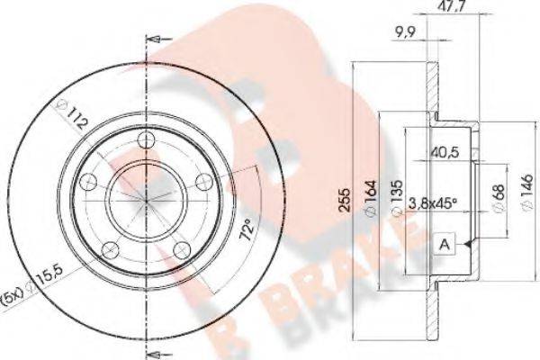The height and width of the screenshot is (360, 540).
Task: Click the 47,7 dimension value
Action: click(x=449, y=4)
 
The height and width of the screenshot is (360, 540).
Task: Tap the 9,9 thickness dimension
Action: click(x=406, y=32)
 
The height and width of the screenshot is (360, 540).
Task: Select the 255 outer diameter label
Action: click(x=345, y=200)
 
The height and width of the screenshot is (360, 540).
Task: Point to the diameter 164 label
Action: click(x=370, y=199)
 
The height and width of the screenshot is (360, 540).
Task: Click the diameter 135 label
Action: click(x=397, y=198)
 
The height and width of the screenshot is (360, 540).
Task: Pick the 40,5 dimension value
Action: click(x=445, y=152)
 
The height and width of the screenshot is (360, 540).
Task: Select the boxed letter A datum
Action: click(x=445, y=244)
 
